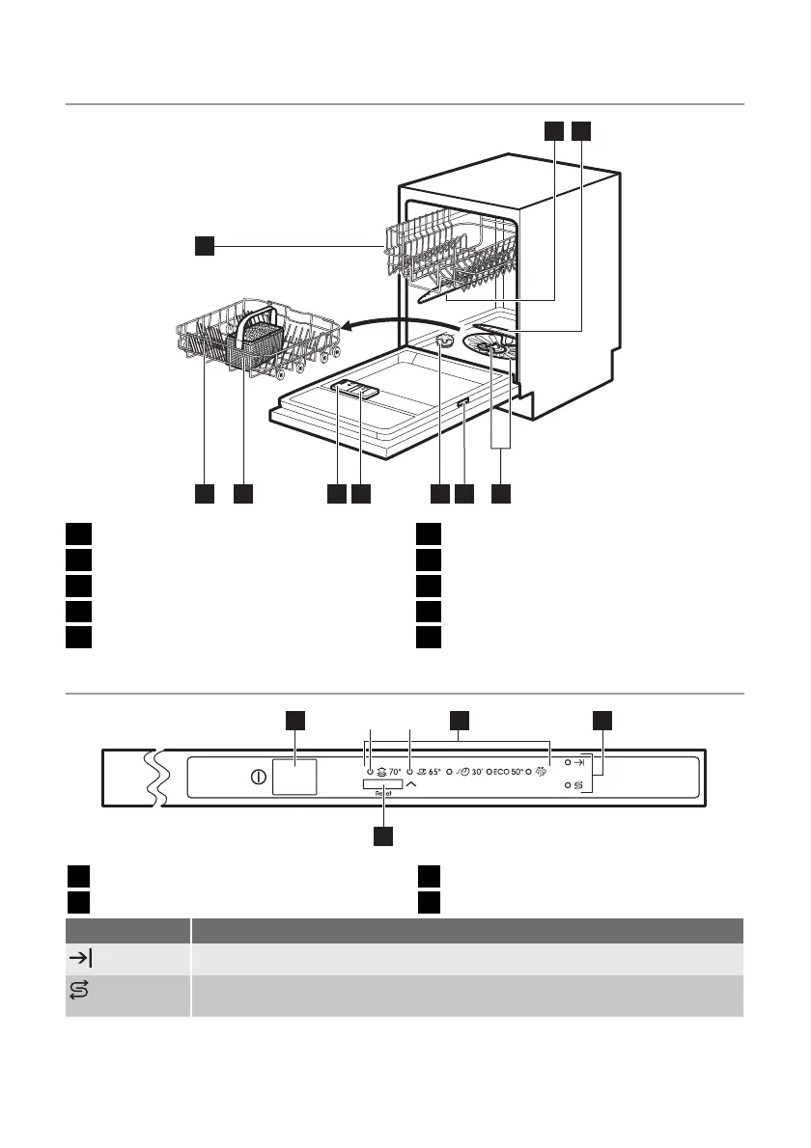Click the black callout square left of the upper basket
pos(203,247)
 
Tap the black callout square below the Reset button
pos(383,836)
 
